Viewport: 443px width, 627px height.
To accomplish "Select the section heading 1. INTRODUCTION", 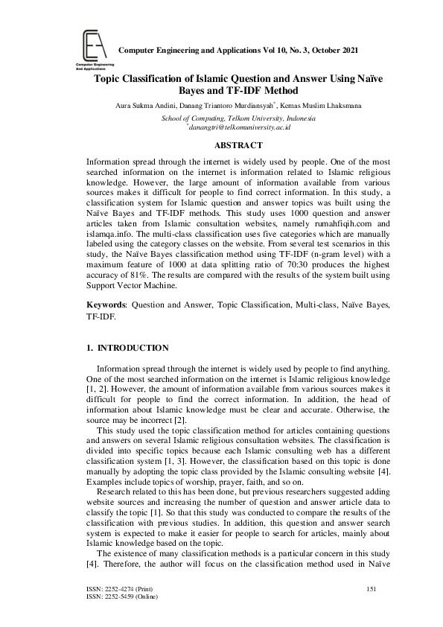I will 127,348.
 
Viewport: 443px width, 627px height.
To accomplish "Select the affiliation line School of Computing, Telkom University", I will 238,118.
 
